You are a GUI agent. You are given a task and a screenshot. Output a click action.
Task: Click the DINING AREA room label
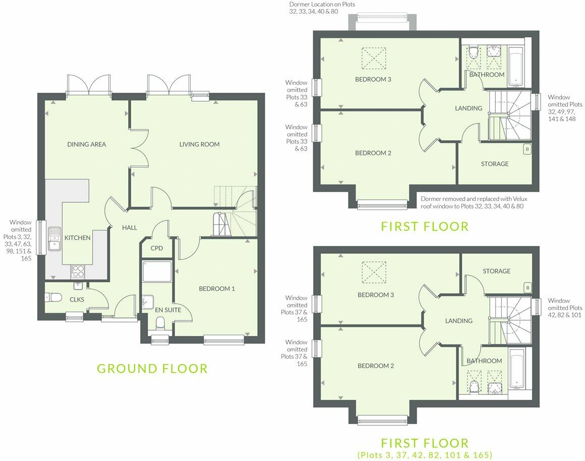point(87,144)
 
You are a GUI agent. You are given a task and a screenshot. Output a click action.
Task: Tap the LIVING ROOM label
point(199,144)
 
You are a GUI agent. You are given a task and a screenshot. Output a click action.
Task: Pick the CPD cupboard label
point(157,248)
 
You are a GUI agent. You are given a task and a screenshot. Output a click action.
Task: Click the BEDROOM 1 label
point(217,289)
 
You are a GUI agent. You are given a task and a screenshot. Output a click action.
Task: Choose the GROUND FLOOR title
point(152,369)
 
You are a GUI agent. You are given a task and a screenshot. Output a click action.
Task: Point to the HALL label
point(130,228)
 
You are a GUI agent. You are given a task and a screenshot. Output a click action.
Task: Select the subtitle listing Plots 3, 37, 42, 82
point(425,454)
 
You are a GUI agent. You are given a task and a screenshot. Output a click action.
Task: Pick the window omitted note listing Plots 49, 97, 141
point(565,108)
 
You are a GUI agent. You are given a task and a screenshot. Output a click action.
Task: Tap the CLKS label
point(77,299)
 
